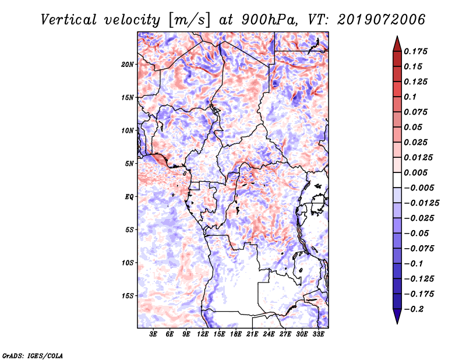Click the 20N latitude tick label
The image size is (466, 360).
click(127, 65)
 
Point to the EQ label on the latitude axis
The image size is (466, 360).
click(129, 197)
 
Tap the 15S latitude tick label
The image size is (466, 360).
click(127, 296)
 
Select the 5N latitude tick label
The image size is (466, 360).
click(129, 164)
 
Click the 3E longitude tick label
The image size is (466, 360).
click(153, 334)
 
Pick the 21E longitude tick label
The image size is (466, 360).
click(252, 334)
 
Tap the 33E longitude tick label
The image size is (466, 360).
click(318, 334)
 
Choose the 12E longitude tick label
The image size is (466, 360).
click(203, 334)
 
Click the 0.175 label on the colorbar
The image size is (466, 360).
click(415, 51)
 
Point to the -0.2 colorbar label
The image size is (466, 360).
click(414, 309)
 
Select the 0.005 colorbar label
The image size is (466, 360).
click(415, 172)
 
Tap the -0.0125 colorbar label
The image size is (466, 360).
click(421, 203)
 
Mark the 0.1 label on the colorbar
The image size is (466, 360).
click(410, 97)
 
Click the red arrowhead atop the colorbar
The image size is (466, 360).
click(397, 44)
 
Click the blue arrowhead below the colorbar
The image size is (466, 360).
click(397, 316)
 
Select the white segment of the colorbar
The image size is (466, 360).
click(397, 180)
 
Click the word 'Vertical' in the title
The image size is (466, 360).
click(69, 20)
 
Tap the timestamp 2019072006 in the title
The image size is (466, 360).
click(382, 20)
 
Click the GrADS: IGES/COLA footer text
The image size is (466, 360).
click(33, 356)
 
